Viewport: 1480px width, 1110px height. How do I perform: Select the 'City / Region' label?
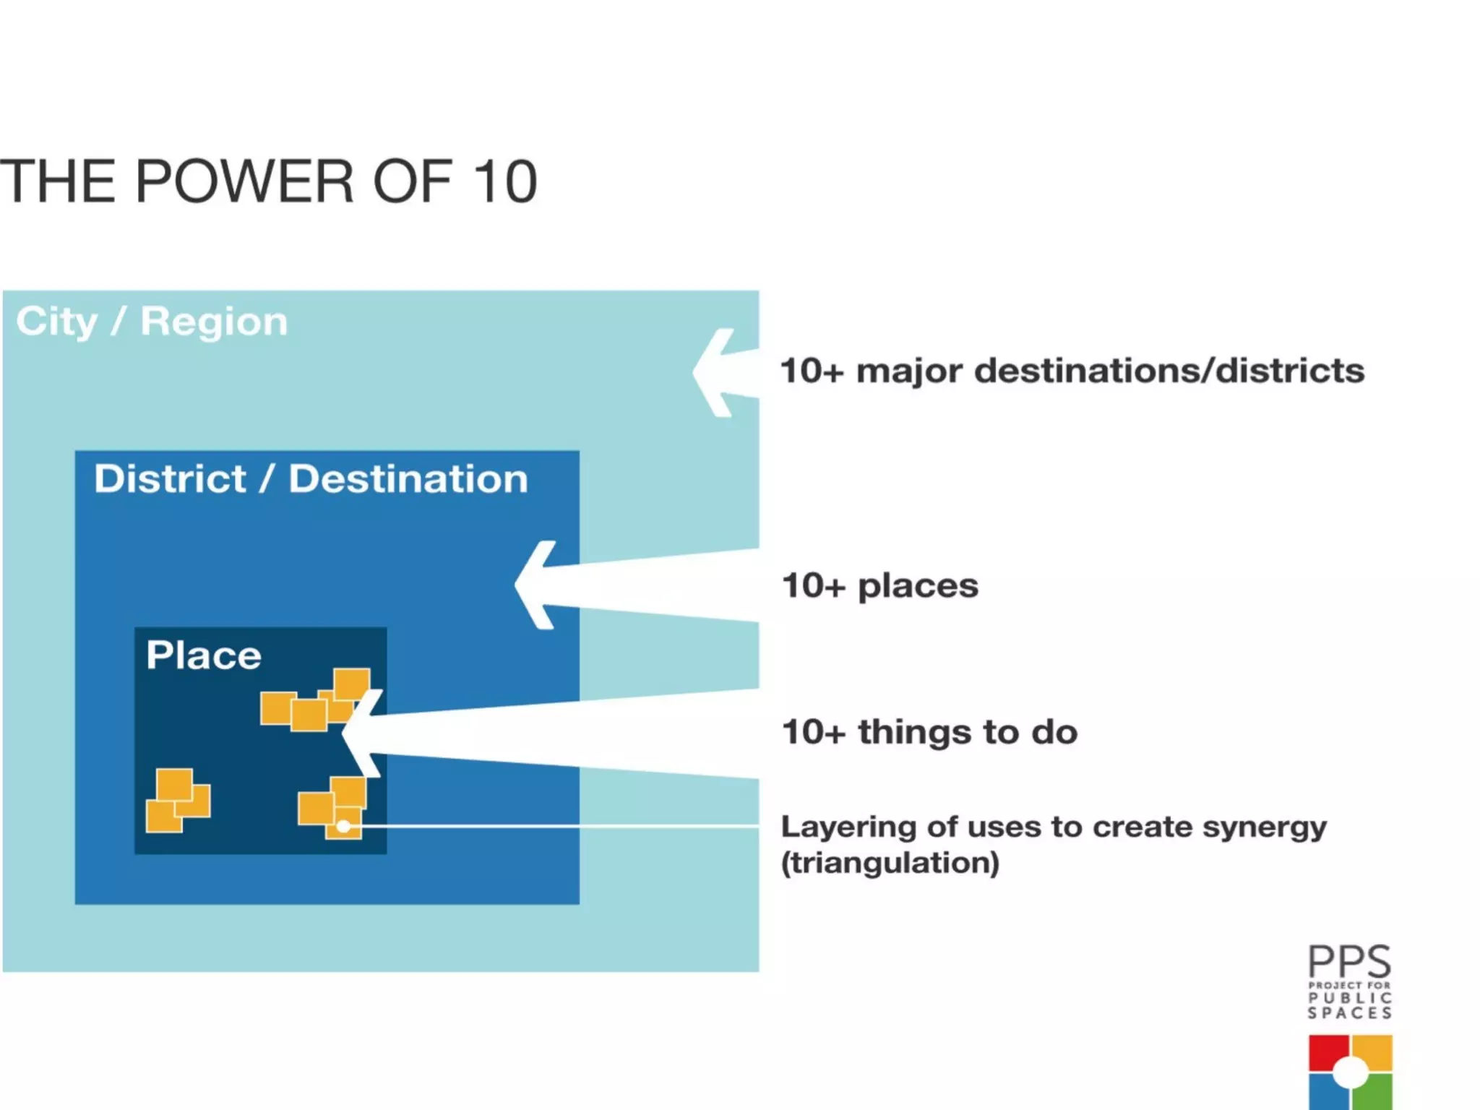coord(152,321)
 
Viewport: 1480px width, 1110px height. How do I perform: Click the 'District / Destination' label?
coord(311,478)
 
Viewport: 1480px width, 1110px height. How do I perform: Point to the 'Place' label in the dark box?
coord(203,655)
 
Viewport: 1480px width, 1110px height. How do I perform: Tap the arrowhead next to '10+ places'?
coord(538,585)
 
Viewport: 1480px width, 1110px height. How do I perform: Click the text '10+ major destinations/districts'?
coord(1072,371)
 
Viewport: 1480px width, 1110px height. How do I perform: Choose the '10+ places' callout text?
coord(880,585)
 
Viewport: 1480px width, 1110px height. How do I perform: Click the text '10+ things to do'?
coord(929,732)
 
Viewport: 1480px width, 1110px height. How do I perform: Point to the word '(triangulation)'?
coord(890,863)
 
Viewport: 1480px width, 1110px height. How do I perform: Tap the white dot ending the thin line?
coord(344,826)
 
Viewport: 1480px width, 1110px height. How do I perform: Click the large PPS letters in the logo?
coord(1349,961)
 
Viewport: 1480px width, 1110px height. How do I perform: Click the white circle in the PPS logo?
coord(1350,1072)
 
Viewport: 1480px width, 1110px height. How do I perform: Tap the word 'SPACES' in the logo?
coord(1349,1013)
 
